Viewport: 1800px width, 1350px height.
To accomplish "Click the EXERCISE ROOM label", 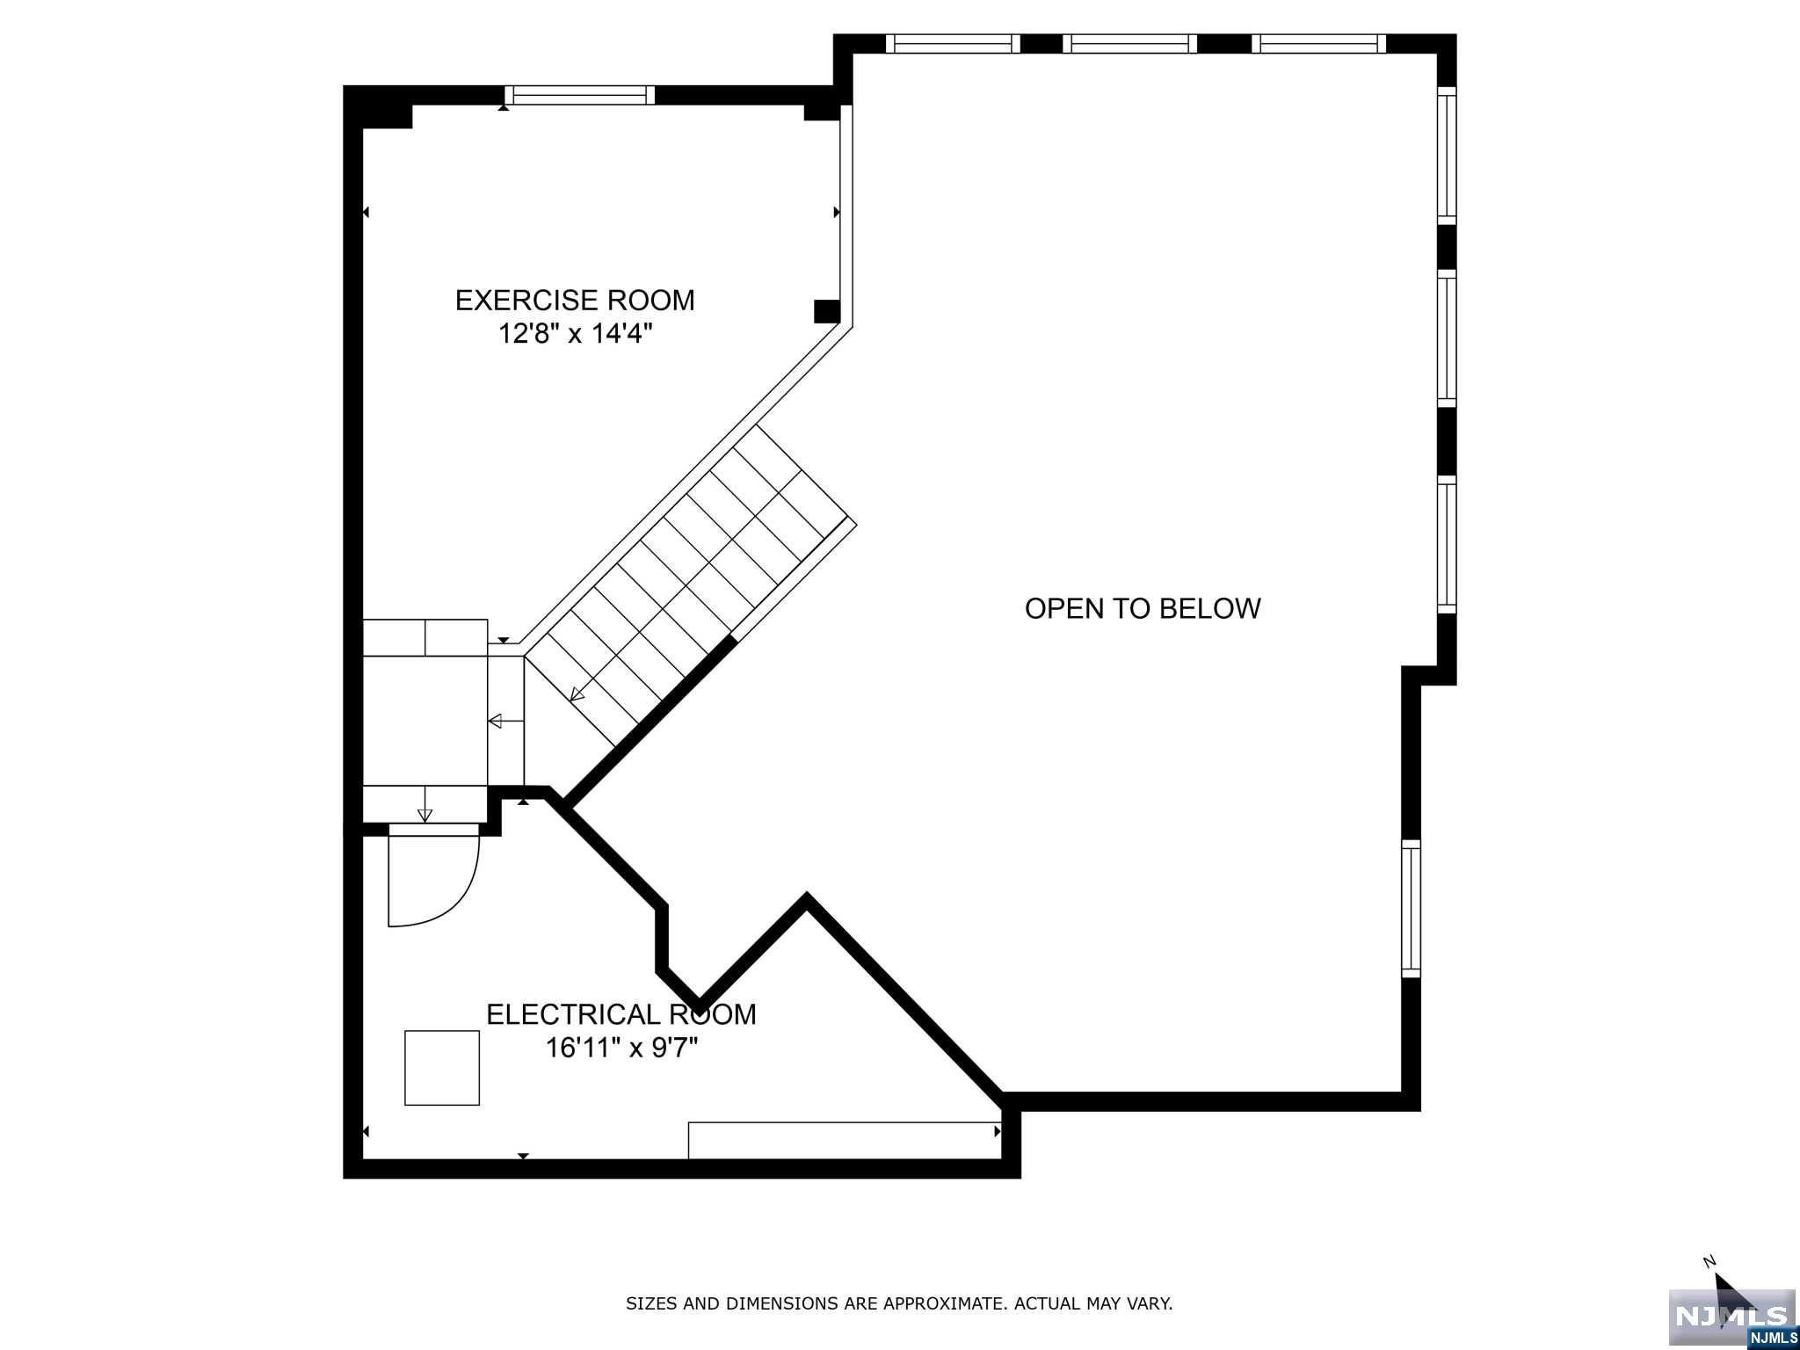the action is [x=575, y=301].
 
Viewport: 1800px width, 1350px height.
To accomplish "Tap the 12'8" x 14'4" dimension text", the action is [x=576, y=334].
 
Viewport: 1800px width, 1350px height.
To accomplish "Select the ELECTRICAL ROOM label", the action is [x=621, y=1014].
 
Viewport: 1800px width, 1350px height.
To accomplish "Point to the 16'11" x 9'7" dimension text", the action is [x=621, y=1048].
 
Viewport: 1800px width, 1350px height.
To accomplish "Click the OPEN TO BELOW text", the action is [x=1143, y=608].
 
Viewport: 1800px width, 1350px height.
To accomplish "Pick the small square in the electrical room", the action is [x=442, y=1068].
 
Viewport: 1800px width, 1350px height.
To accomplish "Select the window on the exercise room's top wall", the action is [x=580, y=95].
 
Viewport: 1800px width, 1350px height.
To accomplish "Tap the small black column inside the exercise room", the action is [x=827, y=311].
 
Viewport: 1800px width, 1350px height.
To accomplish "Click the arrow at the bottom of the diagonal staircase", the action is [x=577, y=694].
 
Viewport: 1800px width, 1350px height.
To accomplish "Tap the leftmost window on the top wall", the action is [x=953, y=44].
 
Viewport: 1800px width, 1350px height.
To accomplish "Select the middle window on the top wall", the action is [x=1130, y=44].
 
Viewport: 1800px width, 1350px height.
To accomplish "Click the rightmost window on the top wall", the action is [x=1318, y=44].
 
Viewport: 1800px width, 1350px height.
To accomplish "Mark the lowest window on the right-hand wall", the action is [x=1411, y=909].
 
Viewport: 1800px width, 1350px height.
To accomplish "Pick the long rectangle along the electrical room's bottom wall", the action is [x=845, y=1140].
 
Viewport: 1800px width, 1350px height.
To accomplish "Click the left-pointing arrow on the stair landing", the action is [x=506, y=722].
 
